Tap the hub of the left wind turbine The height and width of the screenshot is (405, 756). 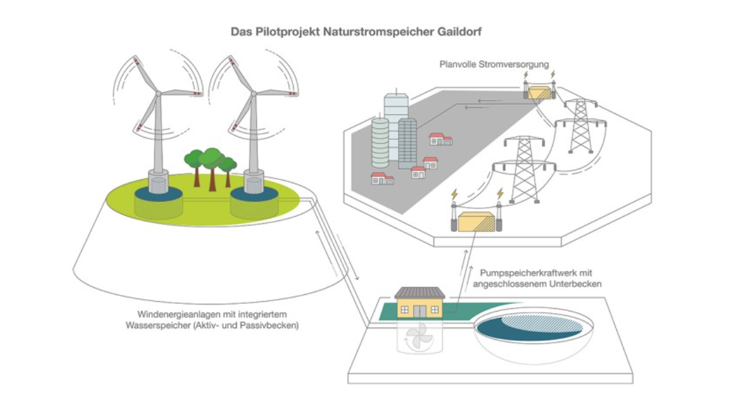[158, 94]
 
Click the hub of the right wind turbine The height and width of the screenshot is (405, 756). [253, 94]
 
